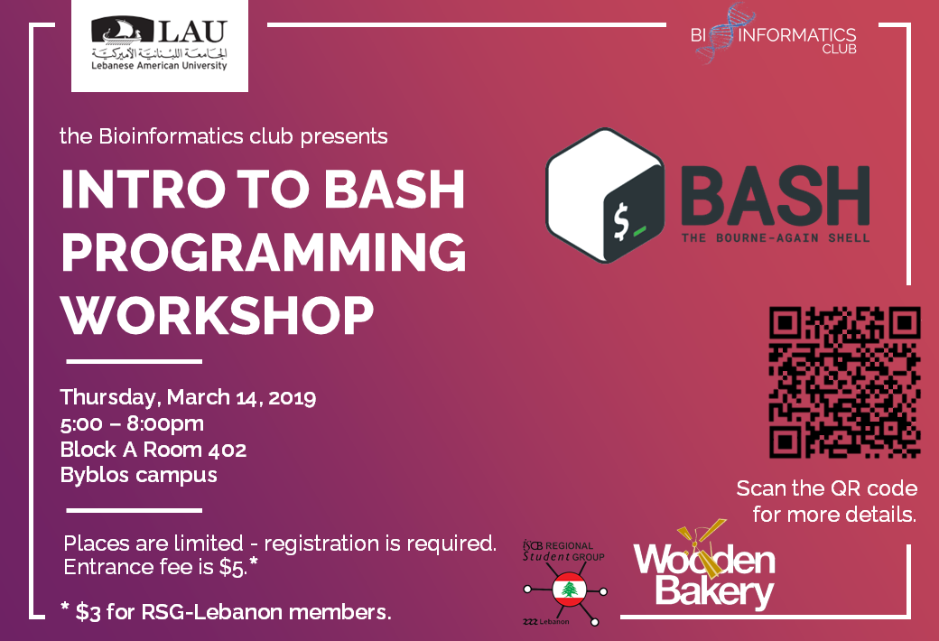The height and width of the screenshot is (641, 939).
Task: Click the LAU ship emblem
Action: pyautogui.click(x=122, y=31)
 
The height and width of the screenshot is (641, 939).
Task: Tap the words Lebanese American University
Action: pyautogui.click(x=159, y=65)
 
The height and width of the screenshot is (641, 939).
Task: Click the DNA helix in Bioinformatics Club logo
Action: pyautogui.click(x=717, y=33)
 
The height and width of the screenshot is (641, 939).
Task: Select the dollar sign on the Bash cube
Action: pyautogui.click(x=621, y=222)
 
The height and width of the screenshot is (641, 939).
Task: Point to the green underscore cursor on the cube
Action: pyautogui.click(x=639, y=230)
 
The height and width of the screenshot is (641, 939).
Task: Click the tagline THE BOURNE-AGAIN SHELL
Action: pyautogui.click(x=776, y=237)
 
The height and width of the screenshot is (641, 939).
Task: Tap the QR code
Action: pyautogui.click(x=844, y=382)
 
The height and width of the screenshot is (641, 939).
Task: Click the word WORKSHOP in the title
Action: pyautogui.click(x=218, y=316)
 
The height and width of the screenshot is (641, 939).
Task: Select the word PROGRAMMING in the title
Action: pyautogui.click(x=264, y=252)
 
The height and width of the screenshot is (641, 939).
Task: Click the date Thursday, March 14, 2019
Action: pyautogui.click(x=188, y=397)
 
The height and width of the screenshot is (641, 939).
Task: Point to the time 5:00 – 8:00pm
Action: pyautogui.click(x=132, y=423)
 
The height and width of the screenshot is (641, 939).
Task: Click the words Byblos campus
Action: pyautogui.click(x=138, y=475)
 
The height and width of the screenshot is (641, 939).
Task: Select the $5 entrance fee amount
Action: pyautogui.click(x=232, y=567)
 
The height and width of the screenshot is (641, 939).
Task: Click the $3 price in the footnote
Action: pyautogui.click(x=88, y=612)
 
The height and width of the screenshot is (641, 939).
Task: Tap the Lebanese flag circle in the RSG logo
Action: pyautogui.click(x=569, y=590)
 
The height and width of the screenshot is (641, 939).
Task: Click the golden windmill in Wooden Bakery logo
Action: pyautogui.click(x=702, y=548)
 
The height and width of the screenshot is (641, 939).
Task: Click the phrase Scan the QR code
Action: pyautogui.click(x=827, y=488)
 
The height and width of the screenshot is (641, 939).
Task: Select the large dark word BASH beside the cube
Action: pyautogui.click(x=776, y=196)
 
